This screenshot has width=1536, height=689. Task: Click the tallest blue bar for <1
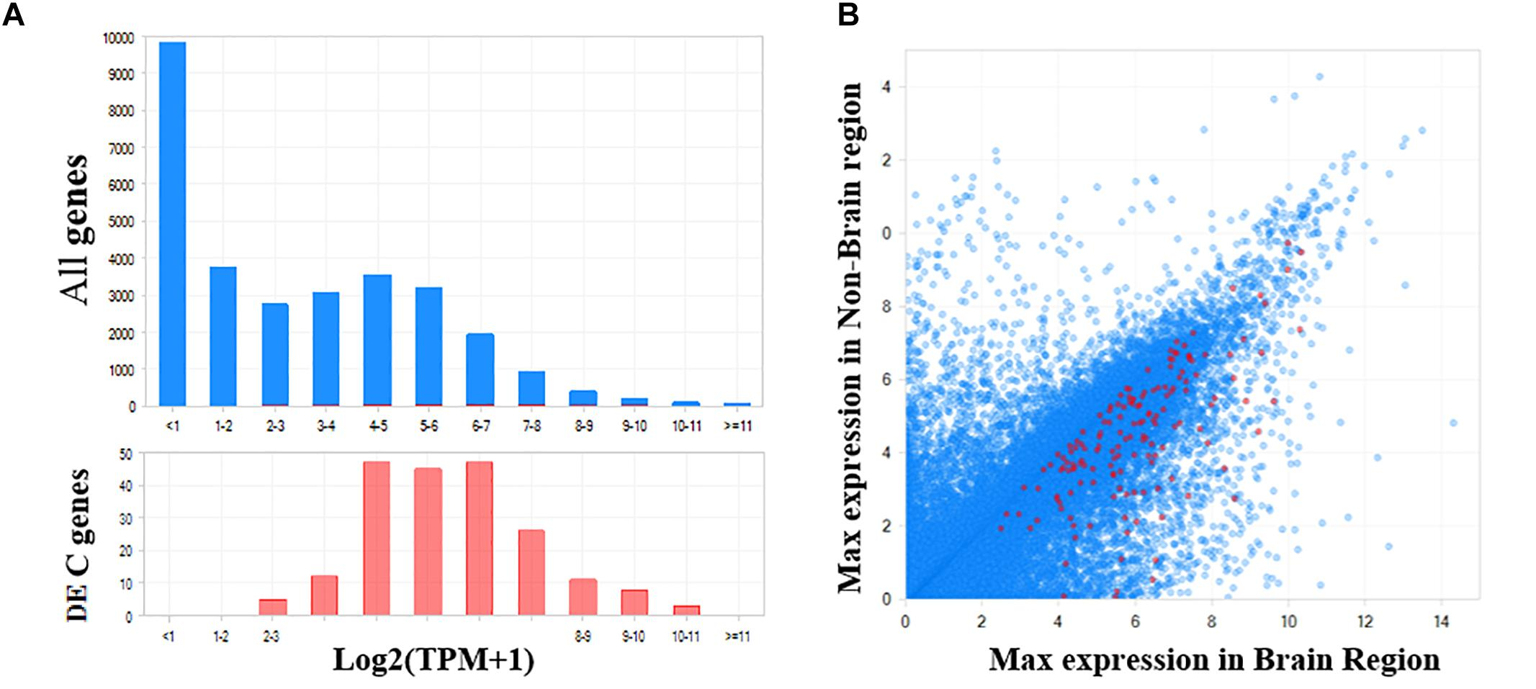[x=173, y=224]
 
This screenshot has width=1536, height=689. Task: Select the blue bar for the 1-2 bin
[x=223, y=336]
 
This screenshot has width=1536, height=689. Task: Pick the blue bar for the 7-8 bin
[x=531, y=389]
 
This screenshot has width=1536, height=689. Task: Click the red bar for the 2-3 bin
[x=273, y=608]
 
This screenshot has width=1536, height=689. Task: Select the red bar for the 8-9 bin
[x=583, y=598]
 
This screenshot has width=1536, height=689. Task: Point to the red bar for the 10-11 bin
[x=686, y=611]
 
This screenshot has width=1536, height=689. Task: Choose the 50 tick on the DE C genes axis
[x=126, y=454]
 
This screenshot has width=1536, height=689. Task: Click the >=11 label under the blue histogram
[x=737, y=426]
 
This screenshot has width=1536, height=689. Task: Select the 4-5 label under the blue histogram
[x=377, y=426]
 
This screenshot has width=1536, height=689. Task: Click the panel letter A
[x=13, y=15]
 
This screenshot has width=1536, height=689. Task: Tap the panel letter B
[x=848, y=15]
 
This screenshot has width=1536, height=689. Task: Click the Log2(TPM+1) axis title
[x=434, y=659]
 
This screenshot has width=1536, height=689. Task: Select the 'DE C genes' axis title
[x=77, y=544]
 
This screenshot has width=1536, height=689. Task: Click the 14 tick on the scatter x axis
[x=1440, y=622]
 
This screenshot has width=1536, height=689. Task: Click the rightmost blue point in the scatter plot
[x=1452, y=423]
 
